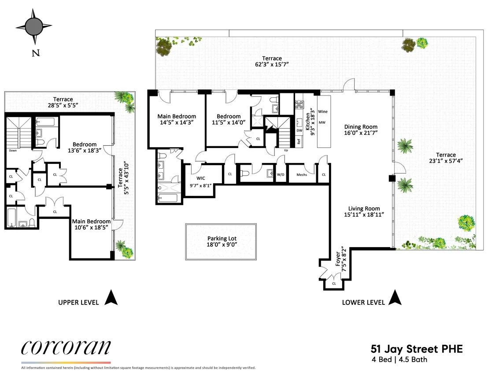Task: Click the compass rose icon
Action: click(x=34, y=26)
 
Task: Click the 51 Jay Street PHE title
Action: click(x=416, y=349)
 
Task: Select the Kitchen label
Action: click(x=308, y=122)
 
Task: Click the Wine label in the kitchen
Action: click(x=323, y=111)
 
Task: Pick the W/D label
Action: click(x=281, y=175)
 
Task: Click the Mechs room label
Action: click(x=302, y=175)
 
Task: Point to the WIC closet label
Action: click(x=201, y=178)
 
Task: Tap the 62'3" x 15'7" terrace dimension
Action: click(x=272, y=64)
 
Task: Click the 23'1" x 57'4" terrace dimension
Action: click(x=446, y=161)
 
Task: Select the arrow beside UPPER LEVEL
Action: click(x=111, y=297)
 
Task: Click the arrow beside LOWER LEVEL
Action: click(x=395, y=297)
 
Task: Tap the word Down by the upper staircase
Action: click(x=13, y=151)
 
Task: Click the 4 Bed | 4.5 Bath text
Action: click(x=399, y=359)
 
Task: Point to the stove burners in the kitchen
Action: click(x=299, y=105)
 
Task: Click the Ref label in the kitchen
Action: click(x=299, y=141)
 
